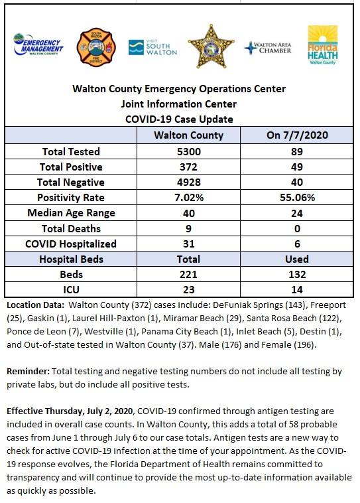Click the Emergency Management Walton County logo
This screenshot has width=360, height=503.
point(38,44)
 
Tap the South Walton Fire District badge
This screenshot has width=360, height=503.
point(96,47)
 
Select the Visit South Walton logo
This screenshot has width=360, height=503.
point(152,47)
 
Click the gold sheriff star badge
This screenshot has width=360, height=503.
point(211,46)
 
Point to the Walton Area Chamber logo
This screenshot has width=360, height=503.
point(268,48)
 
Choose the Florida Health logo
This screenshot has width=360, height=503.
point(322,45)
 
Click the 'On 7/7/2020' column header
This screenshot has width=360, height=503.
point(297,135)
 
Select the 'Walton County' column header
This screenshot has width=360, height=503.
point(188,135)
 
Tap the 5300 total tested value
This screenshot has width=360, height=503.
point(189,151)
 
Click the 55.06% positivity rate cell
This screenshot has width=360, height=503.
point(297,197)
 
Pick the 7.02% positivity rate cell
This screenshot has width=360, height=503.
point(189,197)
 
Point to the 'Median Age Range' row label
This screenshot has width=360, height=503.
point(71,213)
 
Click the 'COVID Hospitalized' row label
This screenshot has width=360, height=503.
point(71,244)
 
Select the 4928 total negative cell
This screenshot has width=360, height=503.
point(189,182)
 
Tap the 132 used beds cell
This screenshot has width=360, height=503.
point(297,274)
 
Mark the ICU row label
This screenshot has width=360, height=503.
point(71,290)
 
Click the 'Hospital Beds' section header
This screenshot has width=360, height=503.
point(71,259)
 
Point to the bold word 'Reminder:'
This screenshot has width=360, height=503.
point(29,372)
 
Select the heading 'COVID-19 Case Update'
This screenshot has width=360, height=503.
point(179,119)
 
